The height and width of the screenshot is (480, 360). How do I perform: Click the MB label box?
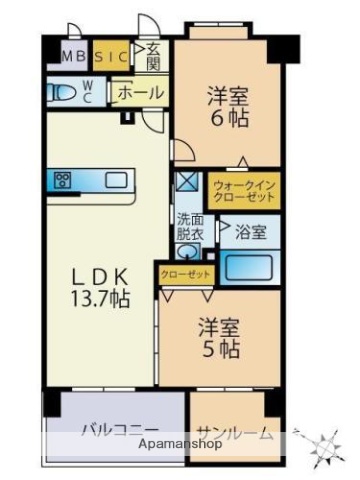coord(74,57)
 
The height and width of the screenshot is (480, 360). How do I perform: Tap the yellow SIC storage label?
coord(112,57)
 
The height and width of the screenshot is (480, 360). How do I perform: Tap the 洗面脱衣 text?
coord(190,227)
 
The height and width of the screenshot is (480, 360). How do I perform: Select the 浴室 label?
coord(250,232)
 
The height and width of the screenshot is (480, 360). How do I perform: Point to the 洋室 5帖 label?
coord(216,337)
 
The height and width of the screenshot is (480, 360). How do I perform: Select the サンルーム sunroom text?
coord(232,431)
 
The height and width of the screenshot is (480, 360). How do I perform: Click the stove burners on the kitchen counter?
coord(63,181)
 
